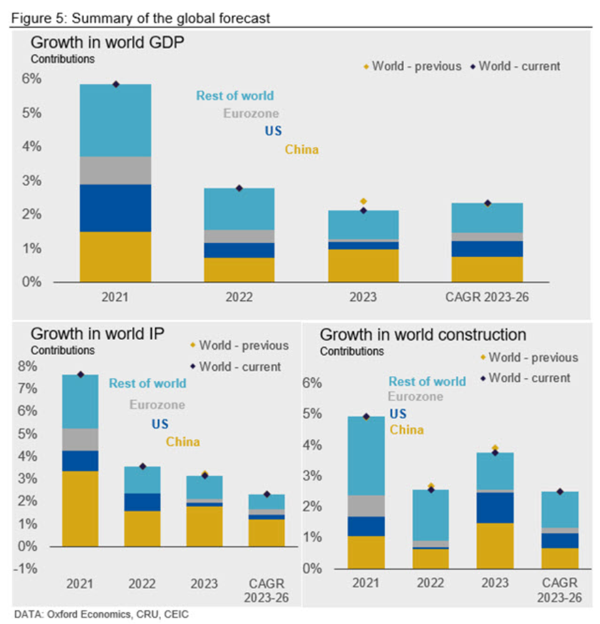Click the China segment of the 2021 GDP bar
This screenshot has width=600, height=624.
tap(115, 257)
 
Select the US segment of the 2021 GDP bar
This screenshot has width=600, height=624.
tap(115, 208)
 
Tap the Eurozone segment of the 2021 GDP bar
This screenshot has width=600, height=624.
tap(115, 170)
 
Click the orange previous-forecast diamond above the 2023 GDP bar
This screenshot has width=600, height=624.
tap(363, 201)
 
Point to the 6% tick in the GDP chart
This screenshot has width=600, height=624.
tap(31, 79)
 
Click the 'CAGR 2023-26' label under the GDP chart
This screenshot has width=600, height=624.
tap(487, 297)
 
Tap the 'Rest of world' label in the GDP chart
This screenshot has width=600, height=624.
tap(235, 96)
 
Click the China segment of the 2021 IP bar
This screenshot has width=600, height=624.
tap(80, 508)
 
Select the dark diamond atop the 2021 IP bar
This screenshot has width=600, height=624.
tap(80, 374)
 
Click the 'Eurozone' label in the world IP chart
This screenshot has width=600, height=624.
tap(157, 404)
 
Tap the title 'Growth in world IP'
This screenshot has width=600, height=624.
tap(97, 334)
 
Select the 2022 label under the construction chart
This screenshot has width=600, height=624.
tap(431, 583)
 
